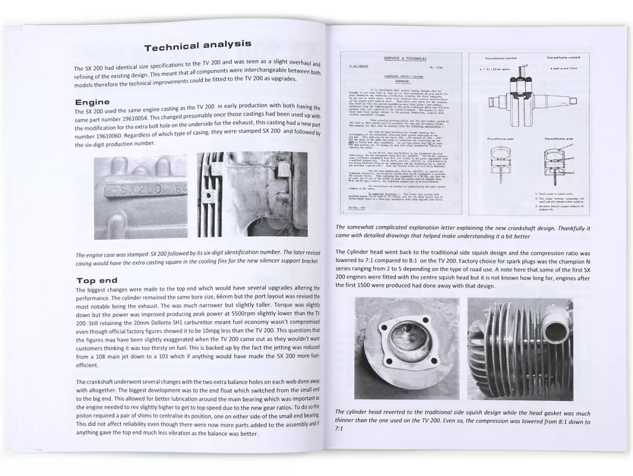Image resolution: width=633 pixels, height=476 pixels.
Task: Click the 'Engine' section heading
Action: click(92, 102)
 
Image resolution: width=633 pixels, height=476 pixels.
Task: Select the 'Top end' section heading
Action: click(97, 280)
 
